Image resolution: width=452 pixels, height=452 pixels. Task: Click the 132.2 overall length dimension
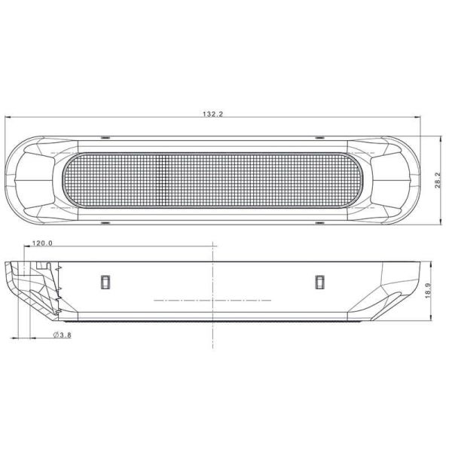214,114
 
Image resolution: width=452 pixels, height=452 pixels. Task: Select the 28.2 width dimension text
437,179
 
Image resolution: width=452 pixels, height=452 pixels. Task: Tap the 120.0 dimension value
42,243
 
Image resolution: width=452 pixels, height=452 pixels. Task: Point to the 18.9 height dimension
428,292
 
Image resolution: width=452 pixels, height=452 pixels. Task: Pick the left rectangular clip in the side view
105,281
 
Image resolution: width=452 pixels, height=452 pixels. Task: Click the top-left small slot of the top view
105,138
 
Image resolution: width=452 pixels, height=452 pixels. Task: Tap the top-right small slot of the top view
319,138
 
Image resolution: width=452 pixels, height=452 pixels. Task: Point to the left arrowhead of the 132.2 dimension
8,118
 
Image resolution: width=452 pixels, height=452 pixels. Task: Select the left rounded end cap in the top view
30,180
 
